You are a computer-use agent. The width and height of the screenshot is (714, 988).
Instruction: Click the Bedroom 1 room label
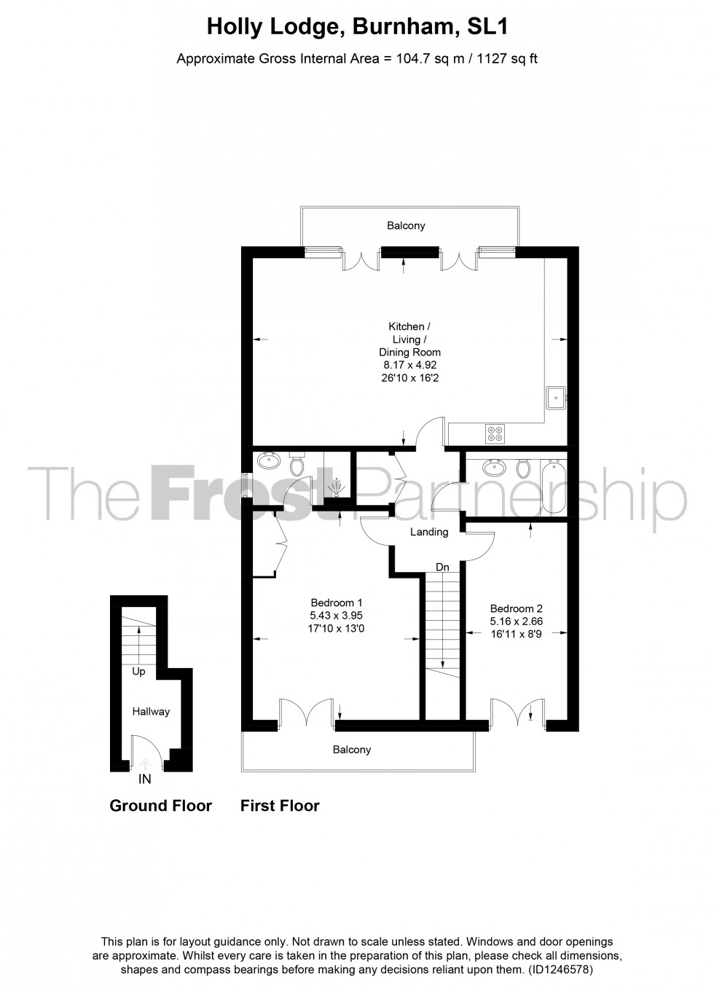(336, 603)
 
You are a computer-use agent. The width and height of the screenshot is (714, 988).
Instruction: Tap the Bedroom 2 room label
(516, 609)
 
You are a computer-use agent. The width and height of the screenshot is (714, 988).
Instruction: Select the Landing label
(429, 532)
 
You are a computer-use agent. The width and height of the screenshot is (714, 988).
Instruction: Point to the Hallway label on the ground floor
(151, 711)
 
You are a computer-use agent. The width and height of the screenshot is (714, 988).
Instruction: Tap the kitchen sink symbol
(556, 398)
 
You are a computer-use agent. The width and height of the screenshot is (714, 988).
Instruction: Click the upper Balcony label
(406, 226)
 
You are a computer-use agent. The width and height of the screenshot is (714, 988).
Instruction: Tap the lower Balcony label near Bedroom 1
(352, 750)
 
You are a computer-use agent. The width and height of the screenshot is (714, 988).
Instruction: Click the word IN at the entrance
(145, 780)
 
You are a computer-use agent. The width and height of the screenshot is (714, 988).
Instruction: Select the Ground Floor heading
(160, 806)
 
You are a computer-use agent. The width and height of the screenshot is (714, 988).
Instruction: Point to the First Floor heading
(280, 806)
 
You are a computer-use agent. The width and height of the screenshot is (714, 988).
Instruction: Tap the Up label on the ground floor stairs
(138, 672)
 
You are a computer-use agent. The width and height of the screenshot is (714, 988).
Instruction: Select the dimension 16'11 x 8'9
(516, 635)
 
